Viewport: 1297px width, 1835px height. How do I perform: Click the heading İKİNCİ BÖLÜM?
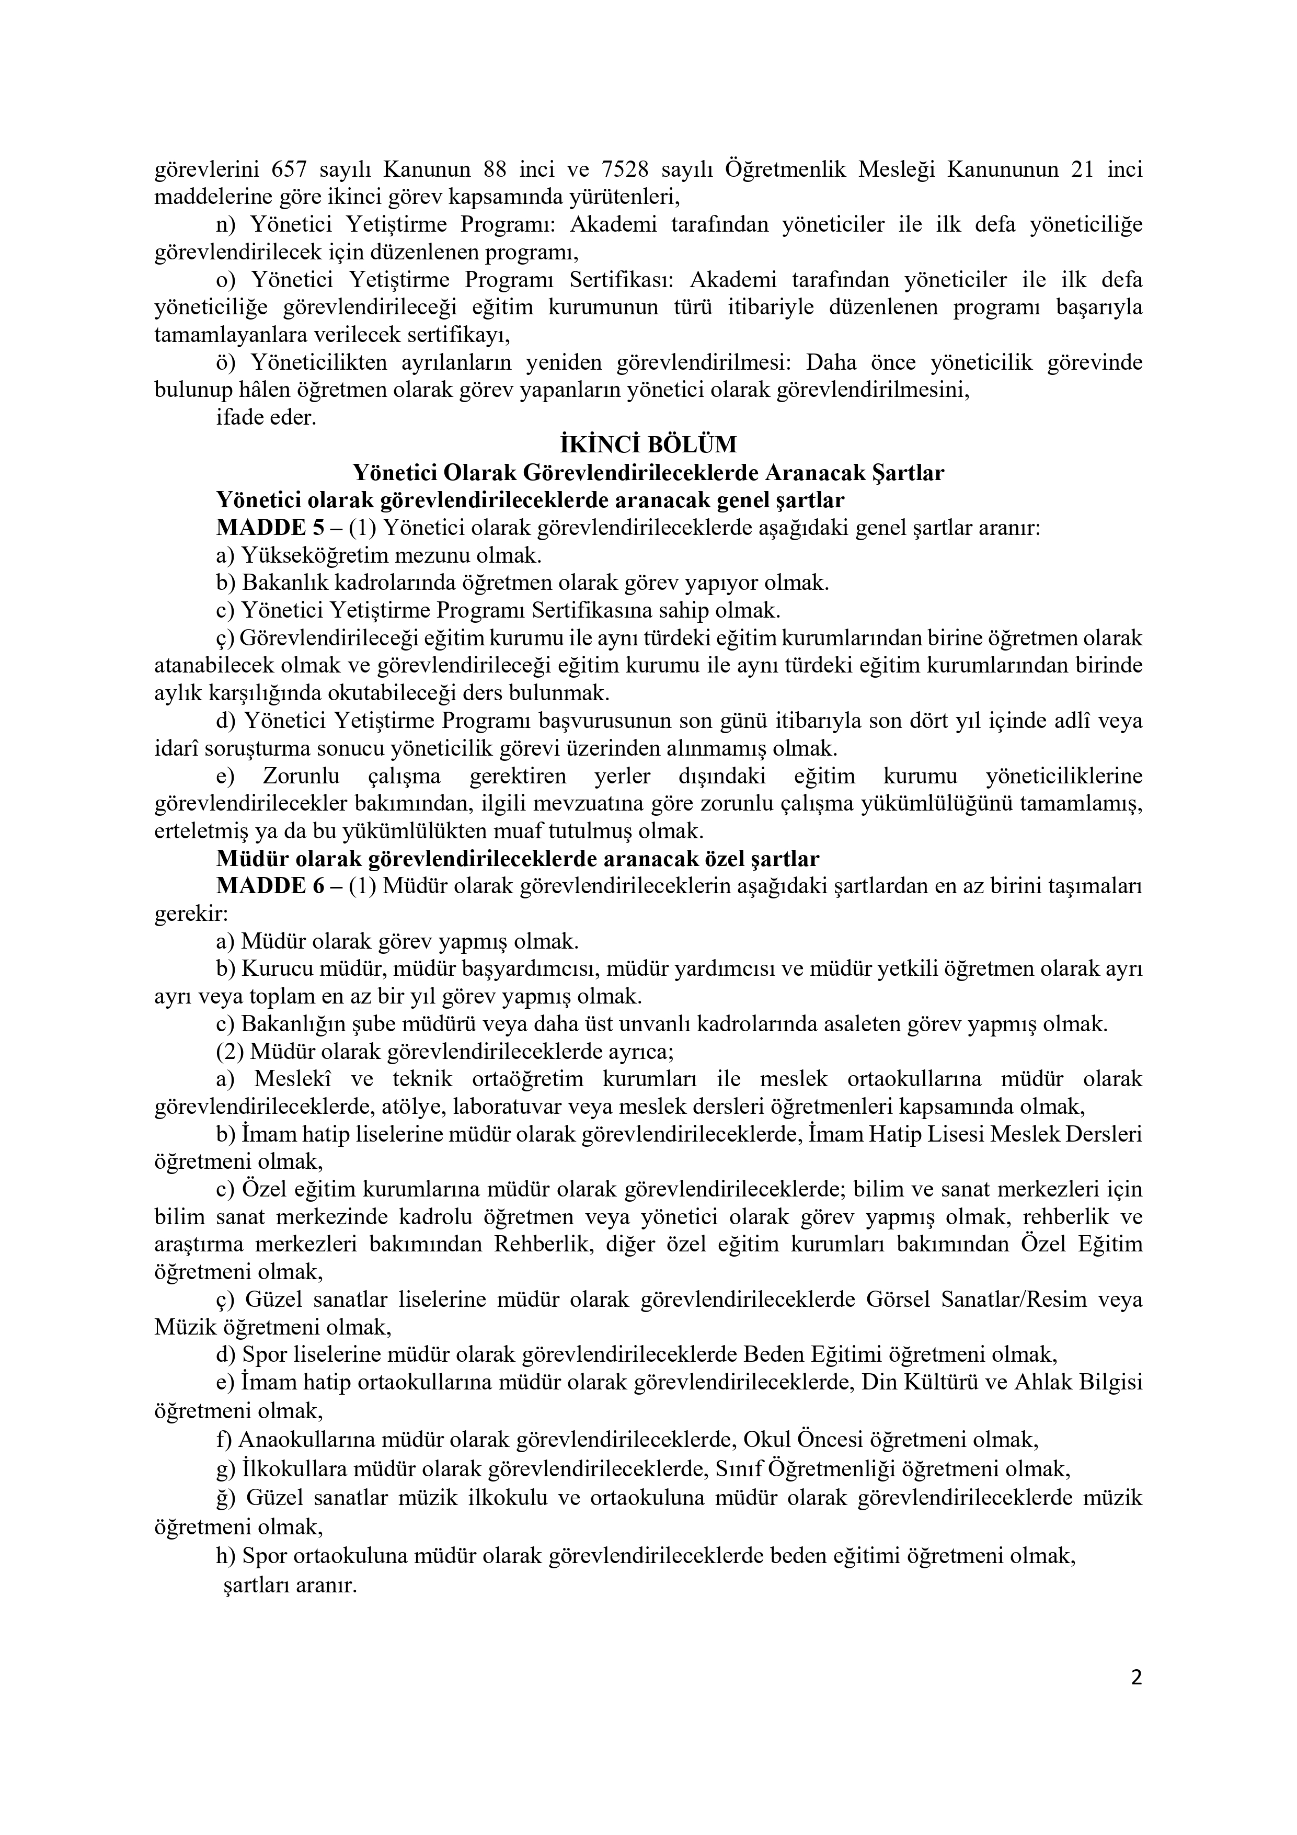tap(648, 444)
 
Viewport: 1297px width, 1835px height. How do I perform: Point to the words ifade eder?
tap(266, 417)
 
